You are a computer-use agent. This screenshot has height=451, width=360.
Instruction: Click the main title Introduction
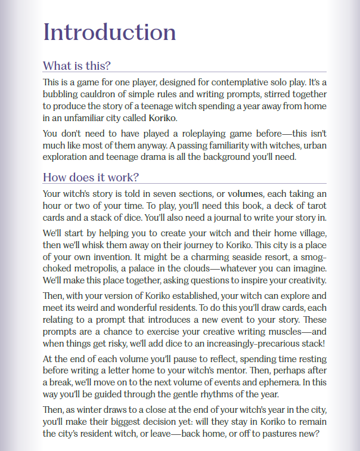(110, 32)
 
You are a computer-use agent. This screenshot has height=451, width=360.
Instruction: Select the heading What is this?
(77, 65)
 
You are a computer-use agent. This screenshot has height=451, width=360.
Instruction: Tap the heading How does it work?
(91, 177)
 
